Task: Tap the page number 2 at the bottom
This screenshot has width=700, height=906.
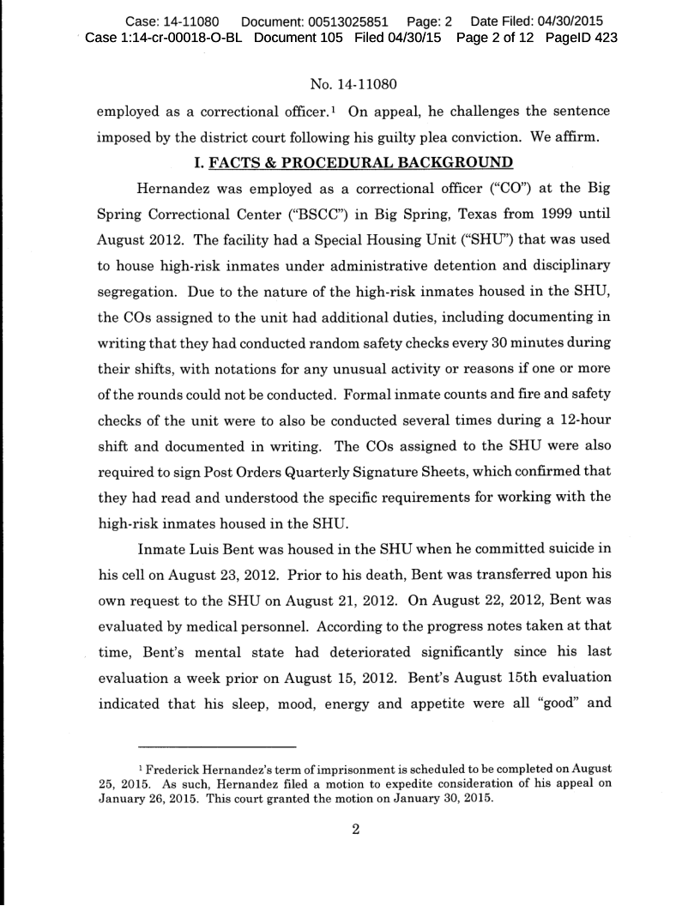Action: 350,830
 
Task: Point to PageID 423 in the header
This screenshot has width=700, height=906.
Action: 582,38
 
